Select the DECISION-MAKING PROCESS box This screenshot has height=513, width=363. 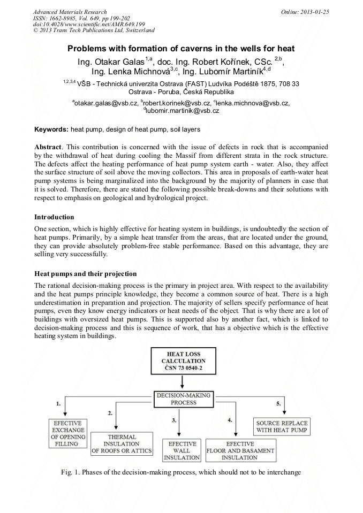point(184,399)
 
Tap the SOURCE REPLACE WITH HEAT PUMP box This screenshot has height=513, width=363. point(282,426)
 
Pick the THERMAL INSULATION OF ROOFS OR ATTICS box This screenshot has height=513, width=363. point(123,443)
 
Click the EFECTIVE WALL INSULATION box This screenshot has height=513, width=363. point(182,451)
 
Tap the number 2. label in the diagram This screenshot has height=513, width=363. point(110,412)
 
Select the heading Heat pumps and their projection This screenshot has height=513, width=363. point(86,273)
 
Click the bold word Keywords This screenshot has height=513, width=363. point(51,129)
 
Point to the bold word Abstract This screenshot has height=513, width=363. point(48,147)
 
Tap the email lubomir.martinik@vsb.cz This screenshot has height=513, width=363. point(182,111)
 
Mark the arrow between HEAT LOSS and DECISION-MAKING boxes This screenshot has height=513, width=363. point(183,382)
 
